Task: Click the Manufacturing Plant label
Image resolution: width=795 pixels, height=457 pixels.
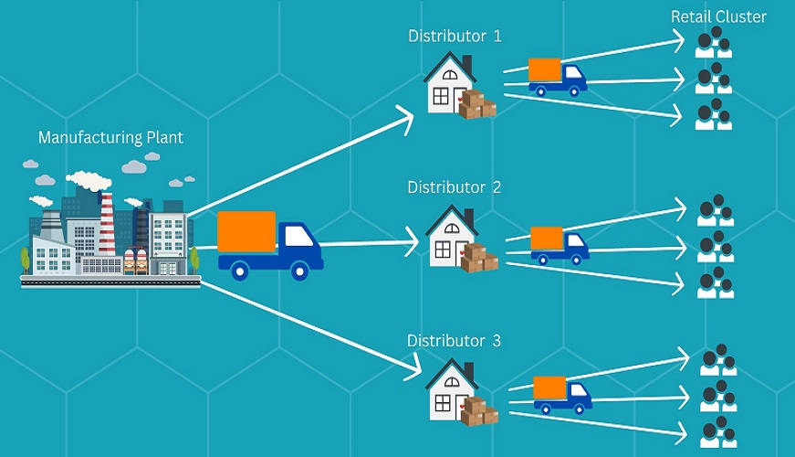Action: pyautogui.click(x=110, y=138)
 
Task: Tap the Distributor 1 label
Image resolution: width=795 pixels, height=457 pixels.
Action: pyautogui.click(x=455, y=37)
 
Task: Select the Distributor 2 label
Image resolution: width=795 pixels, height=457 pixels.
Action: pyautogui.click(x=455, y=187)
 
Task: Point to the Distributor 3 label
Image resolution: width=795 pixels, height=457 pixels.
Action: pyautogui.click(x=455, y=341)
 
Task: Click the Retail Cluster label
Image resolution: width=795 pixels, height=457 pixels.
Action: pyautogui.click(x=718, y=16)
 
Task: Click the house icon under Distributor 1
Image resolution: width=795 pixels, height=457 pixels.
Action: pyautogui.click(x=449, y=83)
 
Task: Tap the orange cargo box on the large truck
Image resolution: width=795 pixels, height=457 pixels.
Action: pyautogui.click(x=246, y=231)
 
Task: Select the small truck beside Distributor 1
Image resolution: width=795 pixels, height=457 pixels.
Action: pyautogui.click(x=557, y=78)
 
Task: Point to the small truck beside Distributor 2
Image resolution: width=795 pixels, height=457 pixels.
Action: pyautogui.click(x=559, y=244)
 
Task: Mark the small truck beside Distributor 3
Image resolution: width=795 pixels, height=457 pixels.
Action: pyautogui.click(x=562, y=394)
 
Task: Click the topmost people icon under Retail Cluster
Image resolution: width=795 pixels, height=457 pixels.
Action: pyautogui.click(x=714, y=43)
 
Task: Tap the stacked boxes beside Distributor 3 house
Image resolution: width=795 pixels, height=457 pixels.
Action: pyautogui.click(x=478, y=411)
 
